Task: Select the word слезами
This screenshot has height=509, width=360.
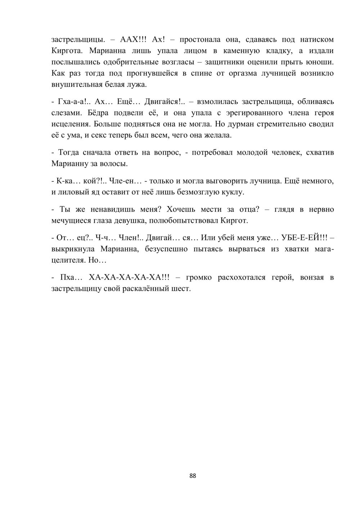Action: click(x=67, y=113)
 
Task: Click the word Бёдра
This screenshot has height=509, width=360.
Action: click(x=99, y=113)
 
